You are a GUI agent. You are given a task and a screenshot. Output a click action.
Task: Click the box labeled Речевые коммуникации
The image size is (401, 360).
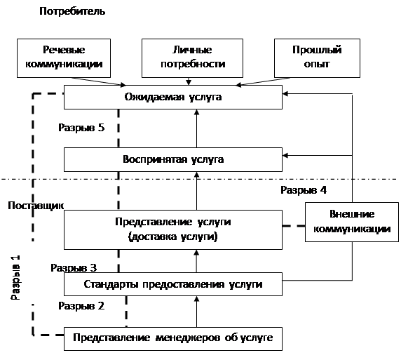tap(64, 58)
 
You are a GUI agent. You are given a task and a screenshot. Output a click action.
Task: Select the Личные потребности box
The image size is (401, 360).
tap(192, 58)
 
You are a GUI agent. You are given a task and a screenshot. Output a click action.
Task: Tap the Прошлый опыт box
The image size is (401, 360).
tap(317, 58)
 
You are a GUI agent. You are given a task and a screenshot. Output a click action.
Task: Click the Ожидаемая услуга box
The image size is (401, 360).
tap(173, 98)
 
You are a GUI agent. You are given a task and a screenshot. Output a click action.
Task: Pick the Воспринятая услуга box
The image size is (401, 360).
tap(173, 159)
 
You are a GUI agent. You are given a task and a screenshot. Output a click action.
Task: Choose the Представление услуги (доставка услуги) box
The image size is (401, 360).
tap(173, 229)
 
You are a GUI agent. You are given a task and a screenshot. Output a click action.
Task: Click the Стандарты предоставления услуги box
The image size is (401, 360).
tap(173, 284)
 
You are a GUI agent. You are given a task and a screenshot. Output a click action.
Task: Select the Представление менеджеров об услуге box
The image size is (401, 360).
tap(173, 339)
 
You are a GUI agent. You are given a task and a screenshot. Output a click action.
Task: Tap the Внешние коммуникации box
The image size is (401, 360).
tap(352, 222)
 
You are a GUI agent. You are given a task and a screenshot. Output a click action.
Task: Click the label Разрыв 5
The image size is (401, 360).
tap(81, 128)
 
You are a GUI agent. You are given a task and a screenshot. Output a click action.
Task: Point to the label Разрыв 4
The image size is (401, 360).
tap(304, 190)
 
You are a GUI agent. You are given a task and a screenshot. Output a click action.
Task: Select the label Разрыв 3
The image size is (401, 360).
tap(74, 268)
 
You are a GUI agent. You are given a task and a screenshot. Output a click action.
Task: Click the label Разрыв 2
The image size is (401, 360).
tap(81, 306)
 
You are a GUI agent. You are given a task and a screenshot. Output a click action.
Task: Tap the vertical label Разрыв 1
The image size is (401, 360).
tap(15, 278)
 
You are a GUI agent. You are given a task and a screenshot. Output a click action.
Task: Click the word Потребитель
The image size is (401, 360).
tap(72, 11)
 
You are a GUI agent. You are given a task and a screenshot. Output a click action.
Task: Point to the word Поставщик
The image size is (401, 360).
tap(36, 206)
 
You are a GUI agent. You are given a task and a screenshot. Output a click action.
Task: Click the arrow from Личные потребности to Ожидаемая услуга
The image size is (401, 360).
tap(189, 81)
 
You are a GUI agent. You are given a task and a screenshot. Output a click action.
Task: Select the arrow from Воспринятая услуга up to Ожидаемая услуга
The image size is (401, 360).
tap(197, 128)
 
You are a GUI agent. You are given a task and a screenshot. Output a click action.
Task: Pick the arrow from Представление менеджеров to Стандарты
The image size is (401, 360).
tap(197, 312)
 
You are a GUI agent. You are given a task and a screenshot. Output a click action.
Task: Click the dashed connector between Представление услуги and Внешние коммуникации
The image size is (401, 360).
tap(294, 226)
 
